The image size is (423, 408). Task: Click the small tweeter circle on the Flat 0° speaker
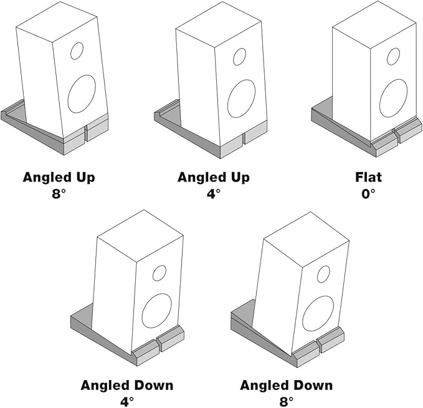click(x=393, y=56)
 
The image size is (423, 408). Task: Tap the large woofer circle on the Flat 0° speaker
click(x=393, y=98)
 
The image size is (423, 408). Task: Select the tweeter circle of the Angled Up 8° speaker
click(x=77, y=51)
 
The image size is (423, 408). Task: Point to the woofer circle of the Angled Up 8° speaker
click(x=82, y=94)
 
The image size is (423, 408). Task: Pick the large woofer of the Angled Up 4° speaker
click(x=241, y=99)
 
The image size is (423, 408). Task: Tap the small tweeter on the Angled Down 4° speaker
click(x=159, y=273)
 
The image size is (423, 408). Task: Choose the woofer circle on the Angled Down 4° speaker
click(x=156, y=311)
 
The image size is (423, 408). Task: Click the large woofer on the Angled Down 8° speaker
click(x=318, y=313)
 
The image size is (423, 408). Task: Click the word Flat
click(x=368, y=177)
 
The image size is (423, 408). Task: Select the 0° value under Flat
click(x=368, y=193)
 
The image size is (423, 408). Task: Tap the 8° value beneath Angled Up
click(x=59, y=193)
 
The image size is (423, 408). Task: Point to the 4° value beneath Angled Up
click(x=214, y=193)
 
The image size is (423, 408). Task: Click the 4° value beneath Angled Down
click(x=127, y=401)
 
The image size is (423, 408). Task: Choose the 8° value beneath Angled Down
click(x=287, y=401)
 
